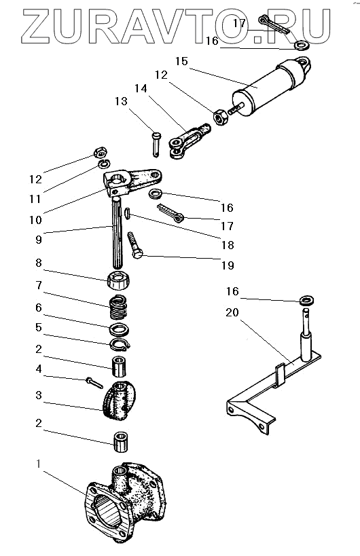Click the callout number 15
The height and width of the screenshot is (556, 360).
point(181,61)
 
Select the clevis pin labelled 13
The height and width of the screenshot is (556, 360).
point(156,144)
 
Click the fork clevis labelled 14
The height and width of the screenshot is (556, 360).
point(190,141)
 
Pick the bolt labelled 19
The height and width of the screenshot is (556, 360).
point(134,245)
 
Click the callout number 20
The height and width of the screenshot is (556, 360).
point(232,312)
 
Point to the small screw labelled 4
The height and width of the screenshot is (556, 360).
point(94,383)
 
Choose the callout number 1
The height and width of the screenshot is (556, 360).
point(39,464)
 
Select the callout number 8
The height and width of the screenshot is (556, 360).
point(39,263)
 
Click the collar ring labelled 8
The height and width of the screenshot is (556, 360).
point(118,280)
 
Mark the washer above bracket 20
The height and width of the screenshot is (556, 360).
point(307,300)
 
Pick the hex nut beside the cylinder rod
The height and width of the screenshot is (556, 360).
point(221,117)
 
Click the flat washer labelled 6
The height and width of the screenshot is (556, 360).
point(120,330)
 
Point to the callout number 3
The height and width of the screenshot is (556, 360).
point(39,395)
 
